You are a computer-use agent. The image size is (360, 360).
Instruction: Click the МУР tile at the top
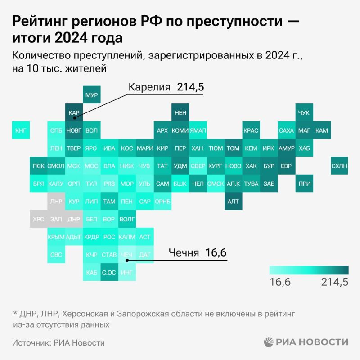[x=92, y=95]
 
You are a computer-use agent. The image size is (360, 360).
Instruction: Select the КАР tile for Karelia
[x=74, y=113]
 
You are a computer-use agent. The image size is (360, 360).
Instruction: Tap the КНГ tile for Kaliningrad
[x=21, y=130]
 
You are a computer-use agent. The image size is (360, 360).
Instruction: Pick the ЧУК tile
[x=304, y=113]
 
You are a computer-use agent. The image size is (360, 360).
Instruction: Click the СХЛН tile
[x=339, y=166]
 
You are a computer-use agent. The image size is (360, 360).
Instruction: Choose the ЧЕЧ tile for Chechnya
[x=127, y=255]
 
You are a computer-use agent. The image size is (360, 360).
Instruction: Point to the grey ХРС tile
[x=39, y=219]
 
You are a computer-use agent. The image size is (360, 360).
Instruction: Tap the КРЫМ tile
[x=56, y=237]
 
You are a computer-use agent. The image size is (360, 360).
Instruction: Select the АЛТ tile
[x=233, y=201]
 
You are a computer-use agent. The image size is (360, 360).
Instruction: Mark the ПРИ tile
[x=304, y=184]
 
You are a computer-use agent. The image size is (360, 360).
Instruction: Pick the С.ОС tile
[x=109, y=272]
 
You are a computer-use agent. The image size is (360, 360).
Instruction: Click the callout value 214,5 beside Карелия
[x=190, y=87]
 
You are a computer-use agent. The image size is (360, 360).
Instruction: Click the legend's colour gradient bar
[x=309, y=270]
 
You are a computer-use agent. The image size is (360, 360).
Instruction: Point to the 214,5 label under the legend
[x=335, y=282]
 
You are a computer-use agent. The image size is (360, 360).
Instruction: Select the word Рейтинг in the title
[x=39, y=21]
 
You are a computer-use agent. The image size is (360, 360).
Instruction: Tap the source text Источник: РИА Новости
[x=58, y=343]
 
